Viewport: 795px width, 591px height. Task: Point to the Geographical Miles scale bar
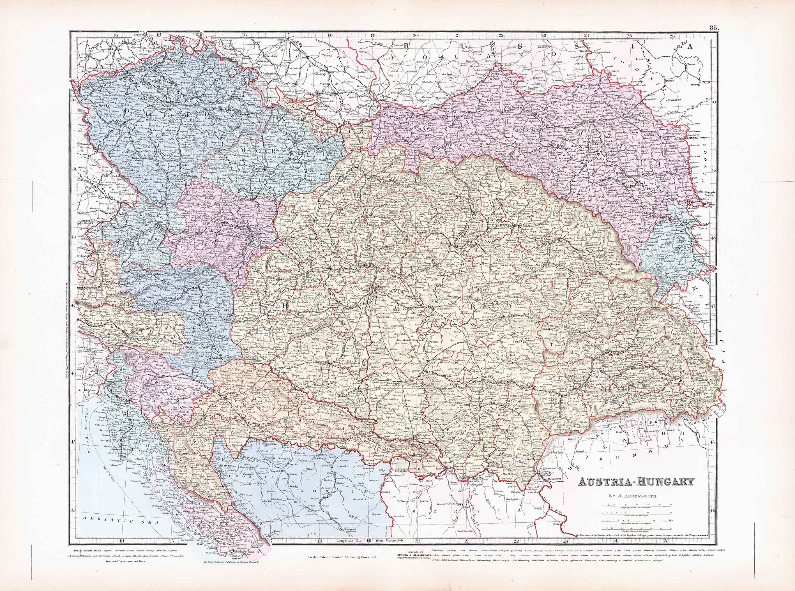(632, 505)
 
